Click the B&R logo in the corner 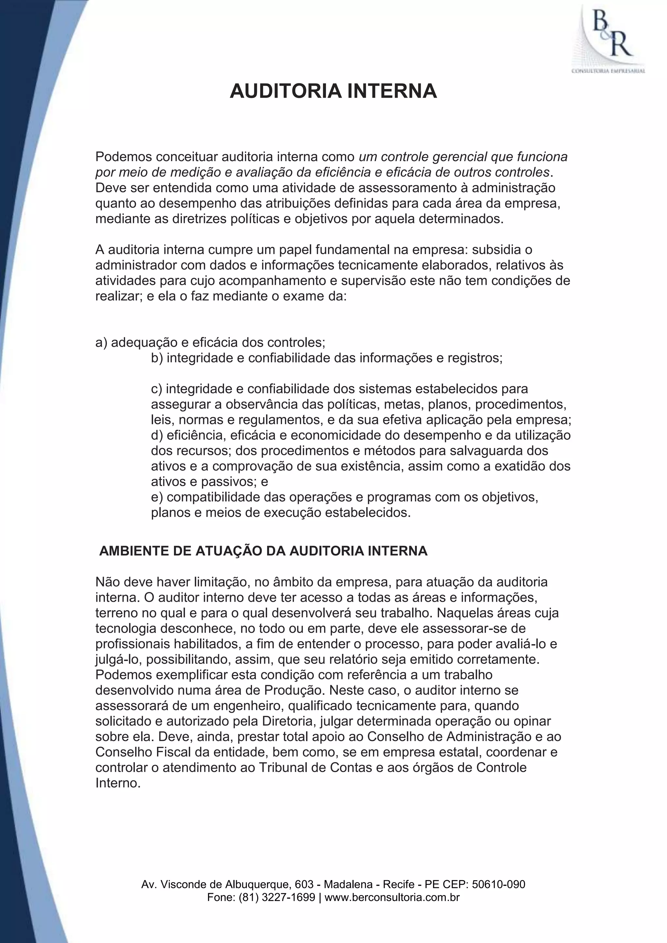tap(609, 39)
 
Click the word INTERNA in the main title tap(392, 91)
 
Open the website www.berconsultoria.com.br tap(392, 897)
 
